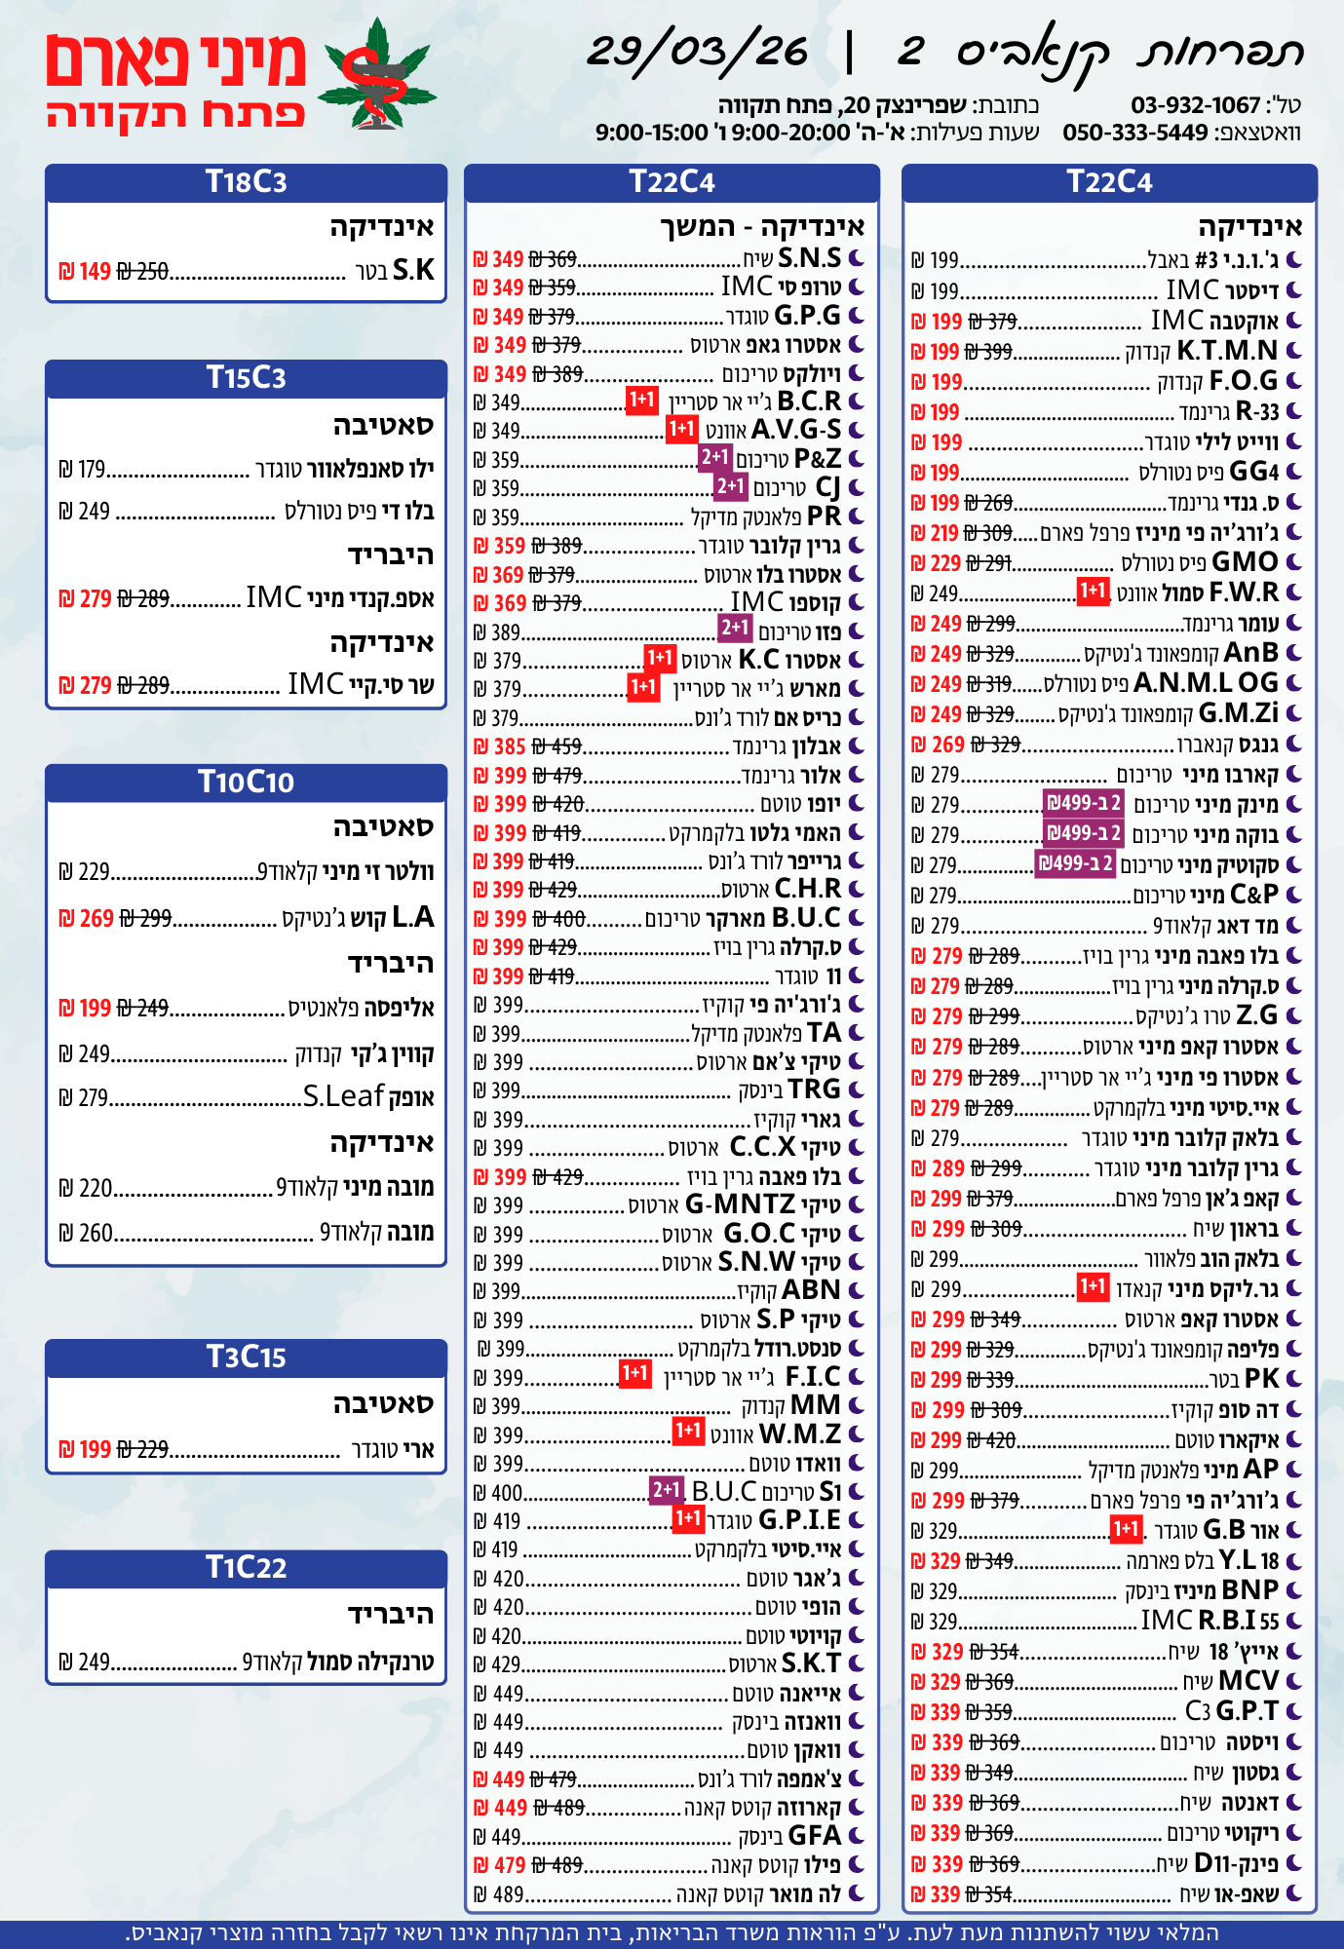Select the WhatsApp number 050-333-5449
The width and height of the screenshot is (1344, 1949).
[x=1135, y=133]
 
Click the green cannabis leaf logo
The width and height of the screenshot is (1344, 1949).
[x=378, y=76]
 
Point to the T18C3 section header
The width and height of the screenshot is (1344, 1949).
[x=246, y=182]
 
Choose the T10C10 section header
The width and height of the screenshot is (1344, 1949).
[x=246, y=782]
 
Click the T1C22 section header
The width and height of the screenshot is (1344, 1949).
[x=246, y=1567]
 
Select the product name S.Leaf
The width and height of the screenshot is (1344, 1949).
[x=344, y=1097]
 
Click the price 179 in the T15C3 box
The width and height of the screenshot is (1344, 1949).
[x=91, y=470]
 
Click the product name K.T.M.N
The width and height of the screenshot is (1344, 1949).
[x=1227, y=351]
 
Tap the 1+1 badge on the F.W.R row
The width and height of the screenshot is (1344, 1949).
[x=1093, y=591]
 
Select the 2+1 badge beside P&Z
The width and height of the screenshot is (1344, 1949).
[x=715, y=457]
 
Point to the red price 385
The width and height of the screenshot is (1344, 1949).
[x=510, y=746]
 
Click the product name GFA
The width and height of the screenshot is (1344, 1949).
[x=814, y=1836]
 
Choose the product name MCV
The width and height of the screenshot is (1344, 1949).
[x=1248, y=1681]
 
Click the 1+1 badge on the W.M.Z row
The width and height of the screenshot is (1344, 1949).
[x=688, y=1431]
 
